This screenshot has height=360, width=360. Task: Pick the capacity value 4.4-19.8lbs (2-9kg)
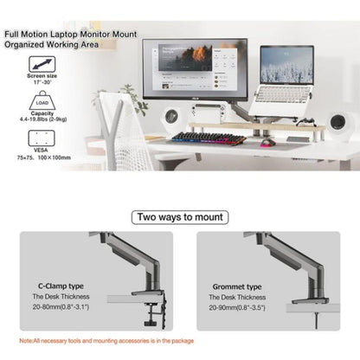pos(42,121)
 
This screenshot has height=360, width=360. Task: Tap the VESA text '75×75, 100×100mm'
pos(42,158)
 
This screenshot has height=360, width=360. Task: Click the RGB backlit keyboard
pos(208,138)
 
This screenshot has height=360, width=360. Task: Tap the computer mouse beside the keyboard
pos(270,141)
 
